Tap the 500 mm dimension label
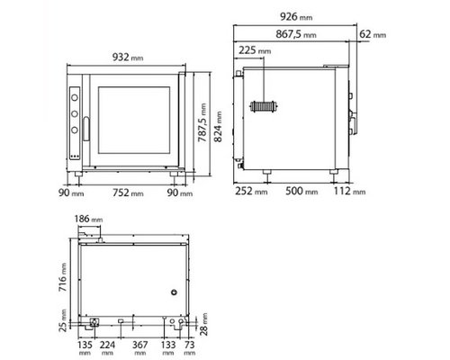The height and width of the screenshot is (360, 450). click(300, 192)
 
